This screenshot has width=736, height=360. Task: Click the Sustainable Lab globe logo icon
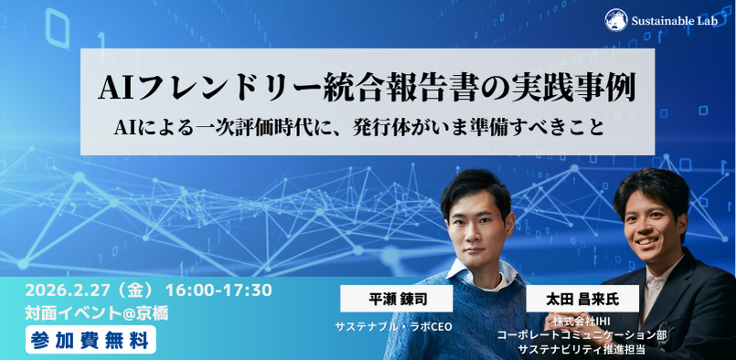click(616, 20)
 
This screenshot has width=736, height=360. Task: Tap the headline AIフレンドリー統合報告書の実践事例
click(367, 88)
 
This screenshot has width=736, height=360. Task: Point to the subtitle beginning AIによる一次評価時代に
click(358, 128)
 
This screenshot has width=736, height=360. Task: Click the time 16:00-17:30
click(219, 291)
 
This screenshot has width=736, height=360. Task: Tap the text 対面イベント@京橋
click(97, 313)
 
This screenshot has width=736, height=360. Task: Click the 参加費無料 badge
click(91, 340)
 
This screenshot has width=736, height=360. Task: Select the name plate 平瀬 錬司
click(396, 300)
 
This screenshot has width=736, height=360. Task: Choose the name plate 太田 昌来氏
click(582, 300)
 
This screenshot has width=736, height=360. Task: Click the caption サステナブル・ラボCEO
click(393, 327)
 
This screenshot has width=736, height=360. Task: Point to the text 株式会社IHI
click(581, 322)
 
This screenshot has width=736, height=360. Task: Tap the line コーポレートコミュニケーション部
click(581, 335)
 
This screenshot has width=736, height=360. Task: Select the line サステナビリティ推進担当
click(581, 349)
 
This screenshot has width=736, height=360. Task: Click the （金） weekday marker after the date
click(137, 291)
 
